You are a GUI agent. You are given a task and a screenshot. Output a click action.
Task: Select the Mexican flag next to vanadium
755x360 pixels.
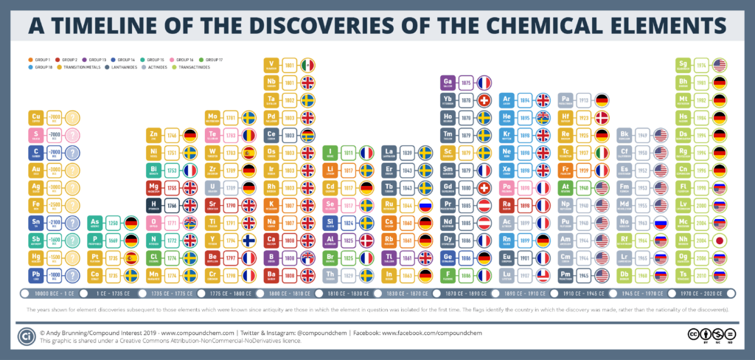coord(307,64)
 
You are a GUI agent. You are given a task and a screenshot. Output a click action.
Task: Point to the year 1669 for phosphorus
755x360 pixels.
coord(114,240)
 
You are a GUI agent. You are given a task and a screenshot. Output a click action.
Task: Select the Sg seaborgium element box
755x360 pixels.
coord(684,64)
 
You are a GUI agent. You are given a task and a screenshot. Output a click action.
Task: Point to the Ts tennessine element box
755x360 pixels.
coord(684,274)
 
